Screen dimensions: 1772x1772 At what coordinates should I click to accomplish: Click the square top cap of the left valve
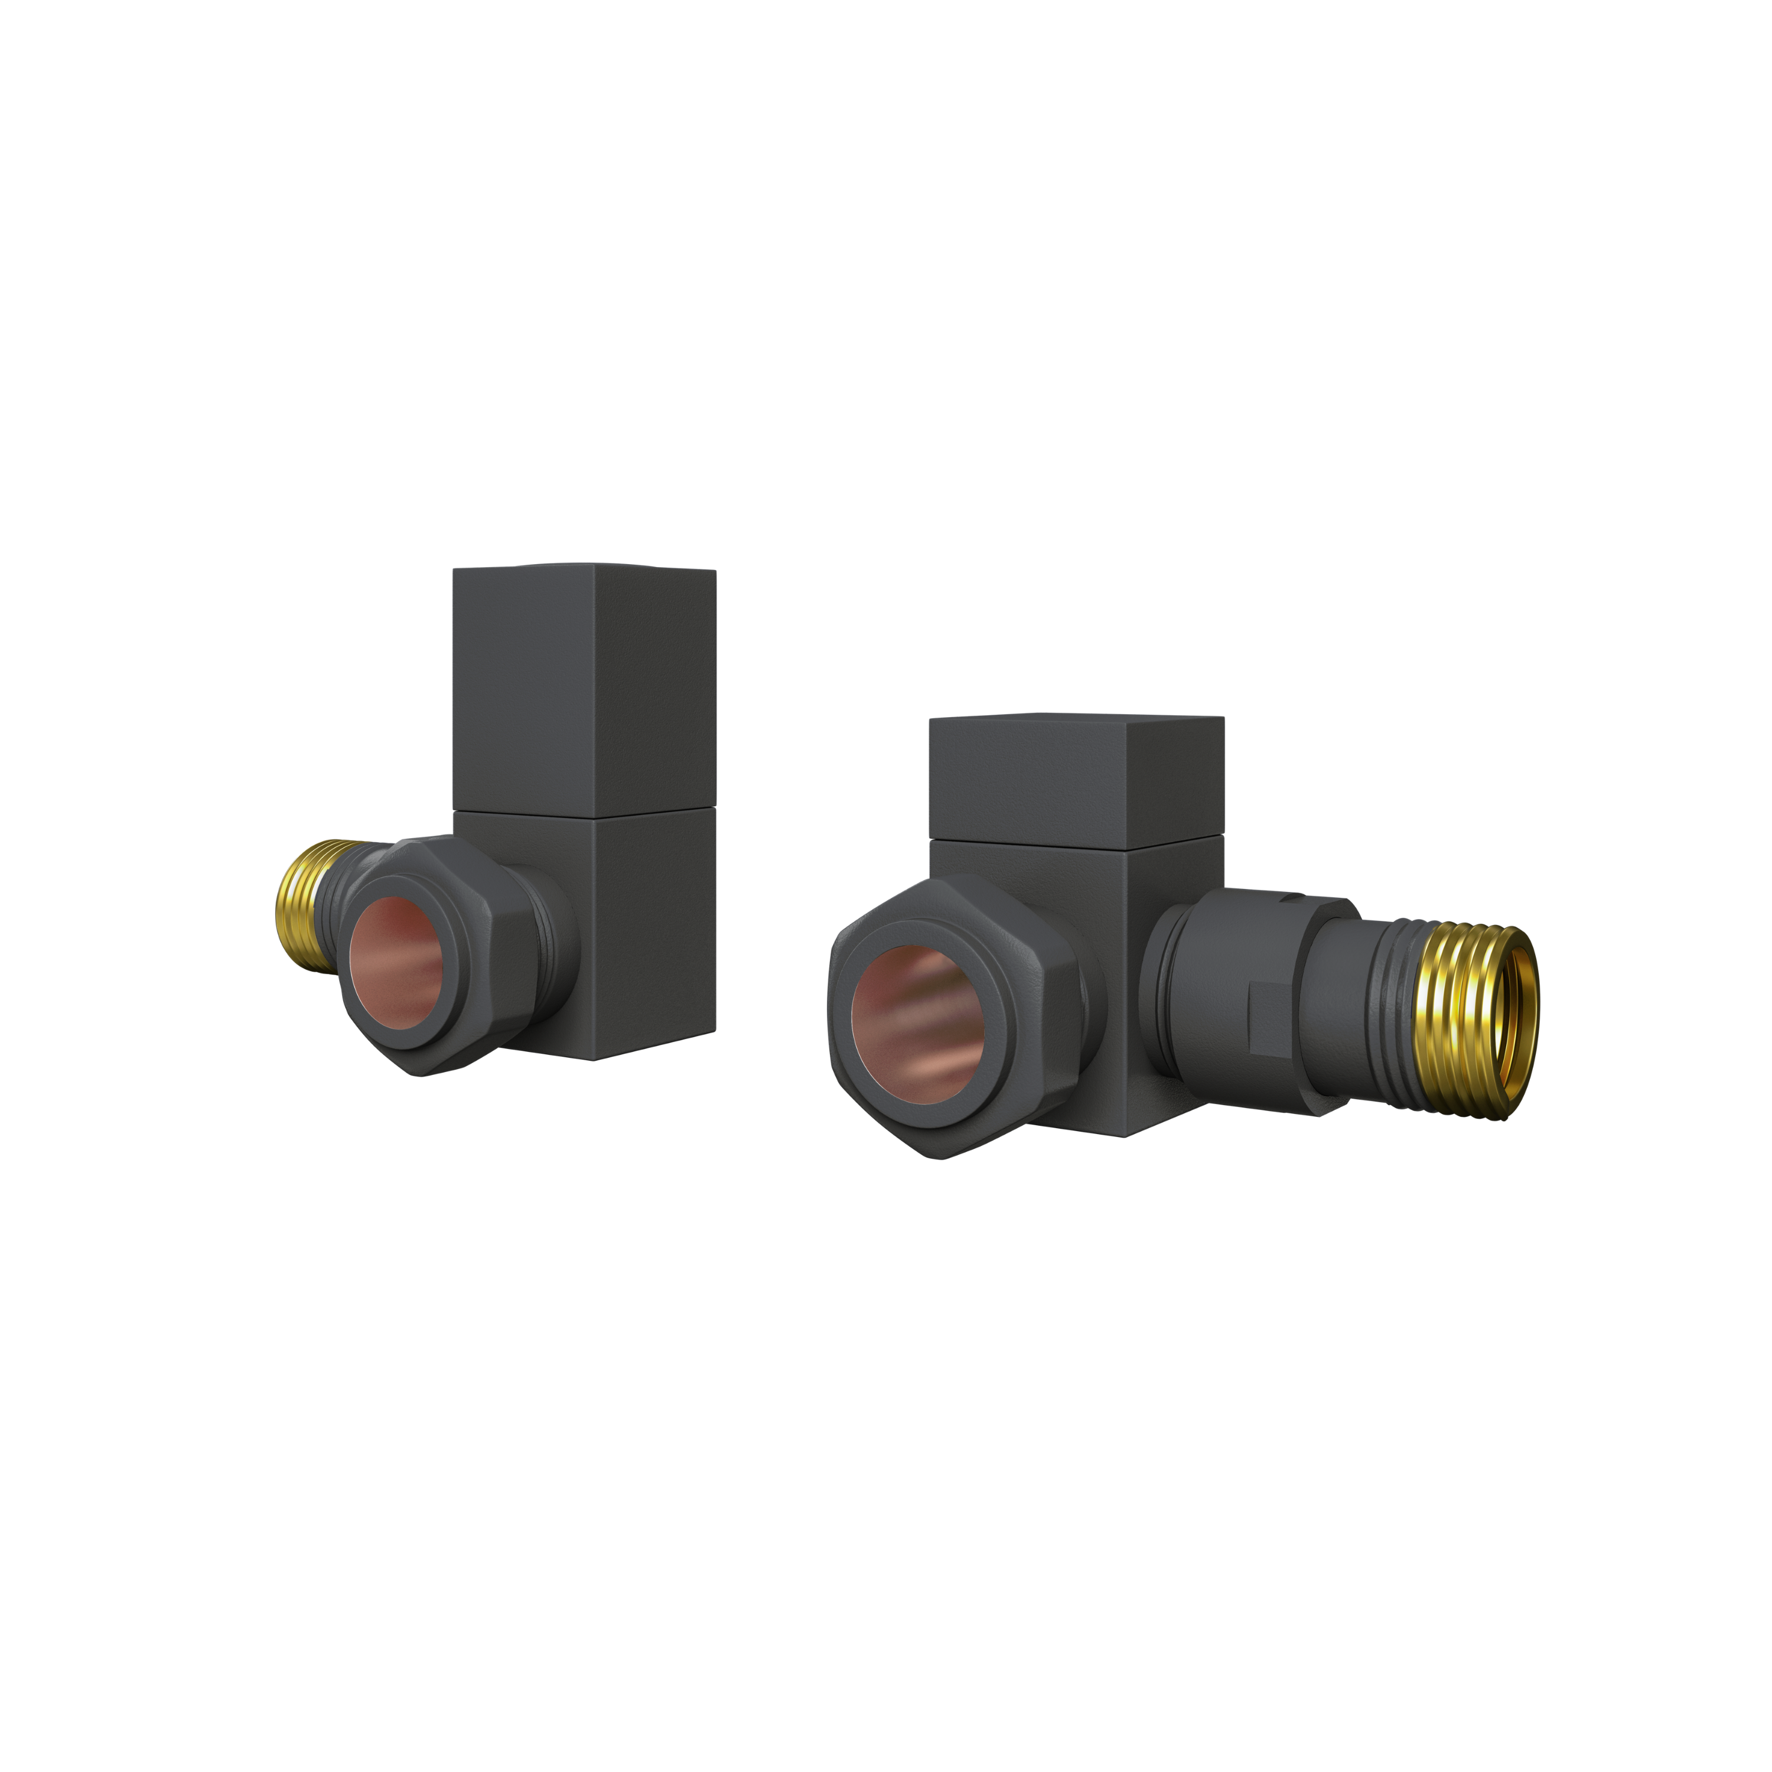click(584, 688)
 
